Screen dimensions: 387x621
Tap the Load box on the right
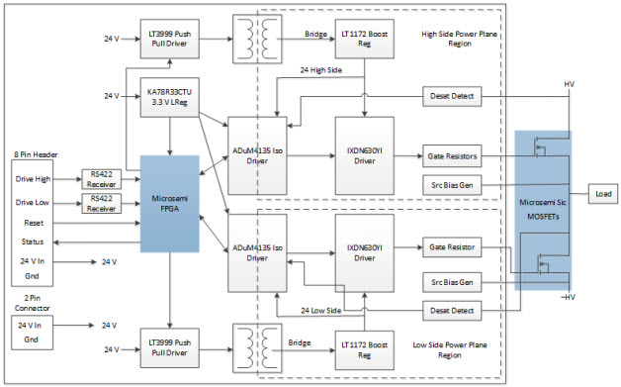click(602, 194)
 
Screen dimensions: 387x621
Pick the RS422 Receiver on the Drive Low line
click(100, 202)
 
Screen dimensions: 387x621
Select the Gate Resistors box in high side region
click(453, 156)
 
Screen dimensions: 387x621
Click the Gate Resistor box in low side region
click(453, 245)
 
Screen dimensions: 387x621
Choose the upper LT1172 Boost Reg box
click(365, 39)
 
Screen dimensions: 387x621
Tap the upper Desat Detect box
click(453, 97)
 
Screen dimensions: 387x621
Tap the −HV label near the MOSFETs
click(568, 297)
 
